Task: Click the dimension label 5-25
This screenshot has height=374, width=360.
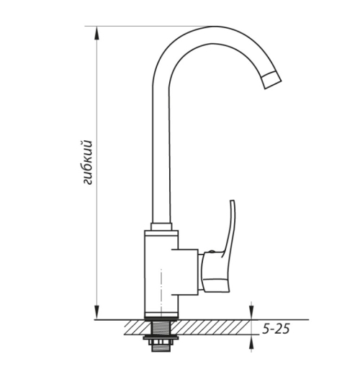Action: click(276, 329)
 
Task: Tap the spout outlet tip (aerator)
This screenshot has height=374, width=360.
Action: click(271, 81)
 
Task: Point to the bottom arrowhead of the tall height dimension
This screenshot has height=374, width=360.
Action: click(96, 312)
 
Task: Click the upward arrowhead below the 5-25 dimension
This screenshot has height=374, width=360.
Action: click(251, 341)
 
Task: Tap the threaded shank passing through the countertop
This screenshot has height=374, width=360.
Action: click(161, 327)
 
